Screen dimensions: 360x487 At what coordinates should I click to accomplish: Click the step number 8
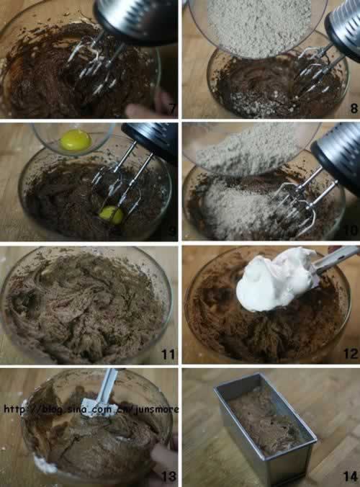click(x=354, y=108)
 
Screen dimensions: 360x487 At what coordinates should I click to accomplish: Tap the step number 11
click(x=168, y=354)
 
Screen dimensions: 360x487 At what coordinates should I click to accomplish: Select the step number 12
click(x=351, y=354)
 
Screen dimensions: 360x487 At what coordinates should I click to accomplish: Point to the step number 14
click(x=351, y=476)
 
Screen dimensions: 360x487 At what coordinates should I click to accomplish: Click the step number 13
click(x=168, y=476)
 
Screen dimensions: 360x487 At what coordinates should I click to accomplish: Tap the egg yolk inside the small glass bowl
click(x=76, y=140)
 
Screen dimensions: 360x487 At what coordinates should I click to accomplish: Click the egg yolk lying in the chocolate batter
click(x=112, y=215)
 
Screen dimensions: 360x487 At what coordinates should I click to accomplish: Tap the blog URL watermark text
click(x=91, y=409)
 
